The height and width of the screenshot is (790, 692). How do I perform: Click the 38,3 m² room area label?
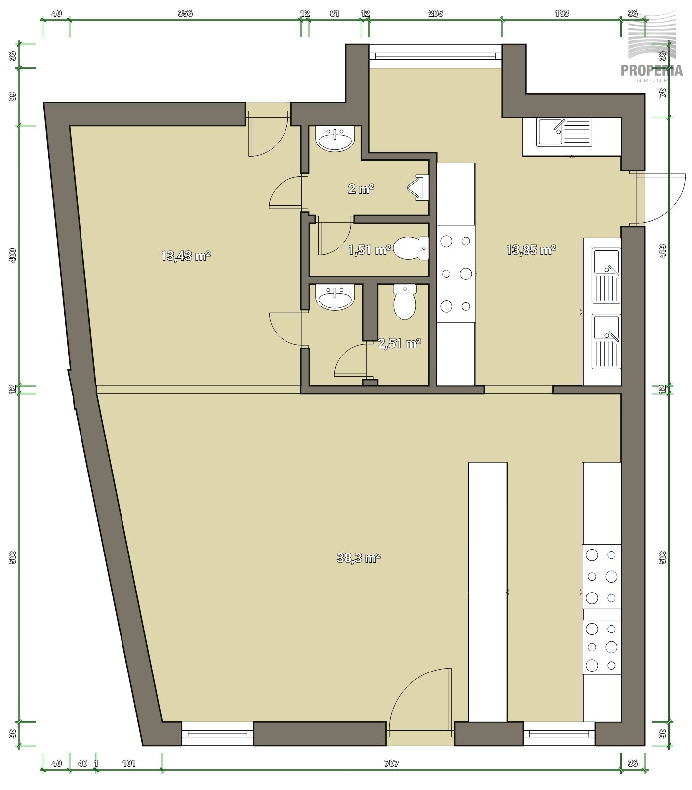(x=359, y=558)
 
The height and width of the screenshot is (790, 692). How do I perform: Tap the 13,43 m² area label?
(x=186, y=256)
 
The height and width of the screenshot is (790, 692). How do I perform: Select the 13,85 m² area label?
(x=531, y=250)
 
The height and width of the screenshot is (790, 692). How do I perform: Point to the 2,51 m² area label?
(x=400, y=343)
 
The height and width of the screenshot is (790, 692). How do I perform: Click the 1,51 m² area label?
(x=369, y=250)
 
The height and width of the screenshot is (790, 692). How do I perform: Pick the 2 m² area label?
(x=361, y=188)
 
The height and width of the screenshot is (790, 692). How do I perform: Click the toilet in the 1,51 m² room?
(x=411, y=248)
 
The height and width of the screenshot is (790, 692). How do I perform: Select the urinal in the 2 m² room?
(x=418, y=188)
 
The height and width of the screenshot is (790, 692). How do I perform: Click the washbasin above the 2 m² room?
(x=336, y=139)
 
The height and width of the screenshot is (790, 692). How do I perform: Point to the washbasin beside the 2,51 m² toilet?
(x=336, y=298)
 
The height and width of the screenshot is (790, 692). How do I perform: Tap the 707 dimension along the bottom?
(x=391, y=763)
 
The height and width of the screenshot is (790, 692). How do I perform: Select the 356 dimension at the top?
(x=185, y=13)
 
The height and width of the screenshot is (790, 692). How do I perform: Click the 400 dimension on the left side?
(x=13, y=255)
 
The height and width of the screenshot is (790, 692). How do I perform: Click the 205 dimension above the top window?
(x=436, y=13)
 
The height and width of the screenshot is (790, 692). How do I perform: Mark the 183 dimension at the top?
(x=562, y=13)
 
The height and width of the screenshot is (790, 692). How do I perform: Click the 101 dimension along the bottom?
(x=129, y=763)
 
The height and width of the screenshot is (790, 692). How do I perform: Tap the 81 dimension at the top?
(x=334, y=13)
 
